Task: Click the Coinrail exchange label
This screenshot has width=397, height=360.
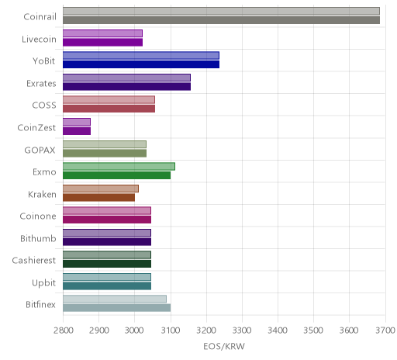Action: pos(40,17)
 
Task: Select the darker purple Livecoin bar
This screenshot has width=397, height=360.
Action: pos(102,42)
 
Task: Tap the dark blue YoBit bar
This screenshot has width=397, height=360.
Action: pos(141,64)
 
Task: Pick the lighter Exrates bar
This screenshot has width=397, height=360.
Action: pos(126,78)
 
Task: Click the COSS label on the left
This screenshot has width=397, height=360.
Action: pos(44,106)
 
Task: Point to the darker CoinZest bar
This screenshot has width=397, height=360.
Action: pos(77,131)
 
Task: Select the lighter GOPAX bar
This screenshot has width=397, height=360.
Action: pos(105,144)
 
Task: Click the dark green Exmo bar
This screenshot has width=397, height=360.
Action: pos(116,175)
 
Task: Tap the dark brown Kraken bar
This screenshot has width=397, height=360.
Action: pos(98,198)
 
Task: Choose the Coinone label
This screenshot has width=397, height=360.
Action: pos(38,216)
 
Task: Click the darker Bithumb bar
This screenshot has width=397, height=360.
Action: pos(107,242)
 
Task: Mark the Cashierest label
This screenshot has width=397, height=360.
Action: pos(34,261)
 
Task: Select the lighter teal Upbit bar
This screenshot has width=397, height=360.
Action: pos(107,277)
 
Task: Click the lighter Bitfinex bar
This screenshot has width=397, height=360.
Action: pos(115,299)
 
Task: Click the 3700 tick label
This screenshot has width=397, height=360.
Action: pos(385,331)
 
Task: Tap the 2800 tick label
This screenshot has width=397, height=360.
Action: pos(63,331)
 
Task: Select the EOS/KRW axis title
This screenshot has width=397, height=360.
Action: pos(224,347)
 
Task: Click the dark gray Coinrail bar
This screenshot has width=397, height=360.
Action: pos(221,20)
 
